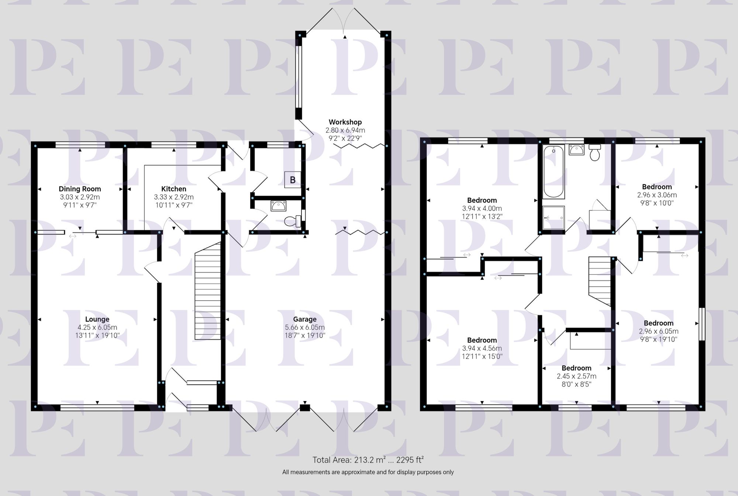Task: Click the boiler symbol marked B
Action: (293, 180)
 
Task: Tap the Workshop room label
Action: (345, 122)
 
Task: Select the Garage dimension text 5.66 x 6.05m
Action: (305, 327)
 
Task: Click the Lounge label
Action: (97, 319)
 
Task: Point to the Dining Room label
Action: (80, 189)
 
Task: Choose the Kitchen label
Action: (174, 189)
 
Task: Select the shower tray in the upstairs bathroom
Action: (553, 217)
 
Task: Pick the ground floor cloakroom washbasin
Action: (278, 206)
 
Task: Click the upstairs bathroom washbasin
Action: (576, 150)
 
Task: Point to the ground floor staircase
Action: (207, 291)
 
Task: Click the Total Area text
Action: (368, 460)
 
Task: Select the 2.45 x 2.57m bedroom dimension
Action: (576, 376)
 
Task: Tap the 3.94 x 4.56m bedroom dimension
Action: (482, 348)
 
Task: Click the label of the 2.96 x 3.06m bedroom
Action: (657, 187)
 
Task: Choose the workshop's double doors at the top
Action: (345, 20)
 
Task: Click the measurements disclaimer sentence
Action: (368, 472)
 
